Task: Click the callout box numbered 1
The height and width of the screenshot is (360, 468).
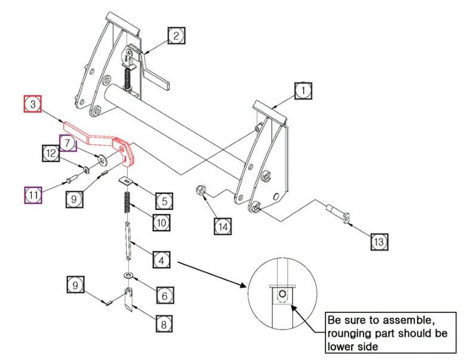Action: [x=303, y=91]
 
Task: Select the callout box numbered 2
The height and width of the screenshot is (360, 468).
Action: [x=176, y=36]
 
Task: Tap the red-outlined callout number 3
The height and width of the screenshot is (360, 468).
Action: [x=33, y=104]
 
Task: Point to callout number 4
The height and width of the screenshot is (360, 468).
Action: [x=160, y=260]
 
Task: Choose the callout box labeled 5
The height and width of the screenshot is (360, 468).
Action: [x=165, y=198]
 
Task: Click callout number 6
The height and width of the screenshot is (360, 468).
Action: [x=165, y=294]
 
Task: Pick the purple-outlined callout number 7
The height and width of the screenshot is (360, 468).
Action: [x=68, y=144]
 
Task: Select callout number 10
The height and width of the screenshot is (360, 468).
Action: [x=160, y=222]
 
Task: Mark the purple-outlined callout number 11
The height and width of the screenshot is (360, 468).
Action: [x=33, y=195]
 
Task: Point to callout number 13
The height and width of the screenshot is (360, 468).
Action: [x=379, y=242]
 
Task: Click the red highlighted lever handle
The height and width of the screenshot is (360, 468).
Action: [x=101, y=137]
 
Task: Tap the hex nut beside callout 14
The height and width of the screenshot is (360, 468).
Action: [x=202, y=192]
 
